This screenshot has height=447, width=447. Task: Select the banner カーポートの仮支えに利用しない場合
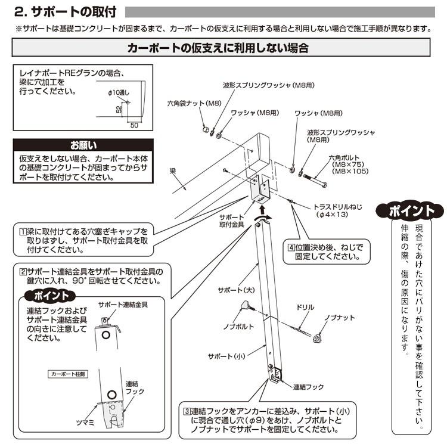click(x=218, y=48)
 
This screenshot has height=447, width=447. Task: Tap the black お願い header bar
click(x=83, y=145)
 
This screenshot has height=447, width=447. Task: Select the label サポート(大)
click(x=236, y=290)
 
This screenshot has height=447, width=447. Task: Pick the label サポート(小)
click(x=226, y=356)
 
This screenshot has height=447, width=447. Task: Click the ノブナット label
click(x=340, y=318)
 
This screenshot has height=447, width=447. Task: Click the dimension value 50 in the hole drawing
click(x=134, y=125)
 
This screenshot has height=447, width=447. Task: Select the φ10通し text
click(x=119, y=93)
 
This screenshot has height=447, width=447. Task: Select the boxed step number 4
click(x=291, y=247)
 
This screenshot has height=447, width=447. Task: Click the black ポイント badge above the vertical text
click(x=411, y=212)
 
